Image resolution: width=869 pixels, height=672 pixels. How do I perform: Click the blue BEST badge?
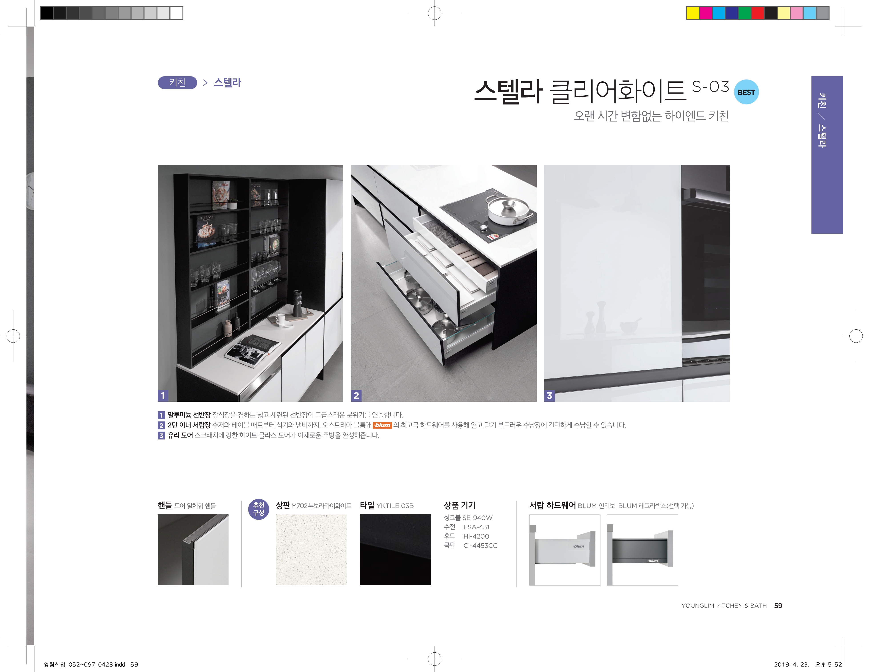(x=746, y=92)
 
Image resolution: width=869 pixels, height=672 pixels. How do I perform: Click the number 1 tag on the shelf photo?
(x=163, y=395)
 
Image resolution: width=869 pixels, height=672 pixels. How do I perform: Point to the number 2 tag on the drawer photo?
(x=356, y=395)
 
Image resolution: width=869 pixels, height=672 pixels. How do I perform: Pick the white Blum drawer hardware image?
(x=565, y=550)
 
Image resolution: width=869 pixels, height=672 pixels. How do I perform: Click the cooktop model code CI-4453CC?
(x=480, y=546)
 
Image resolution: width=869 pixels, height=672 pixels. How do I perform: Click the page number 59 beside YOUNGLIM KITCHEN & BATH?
(x=778, y=606)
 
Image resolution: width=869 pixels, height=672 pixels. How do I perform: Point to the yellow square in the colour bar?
(x=693, y=13)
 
